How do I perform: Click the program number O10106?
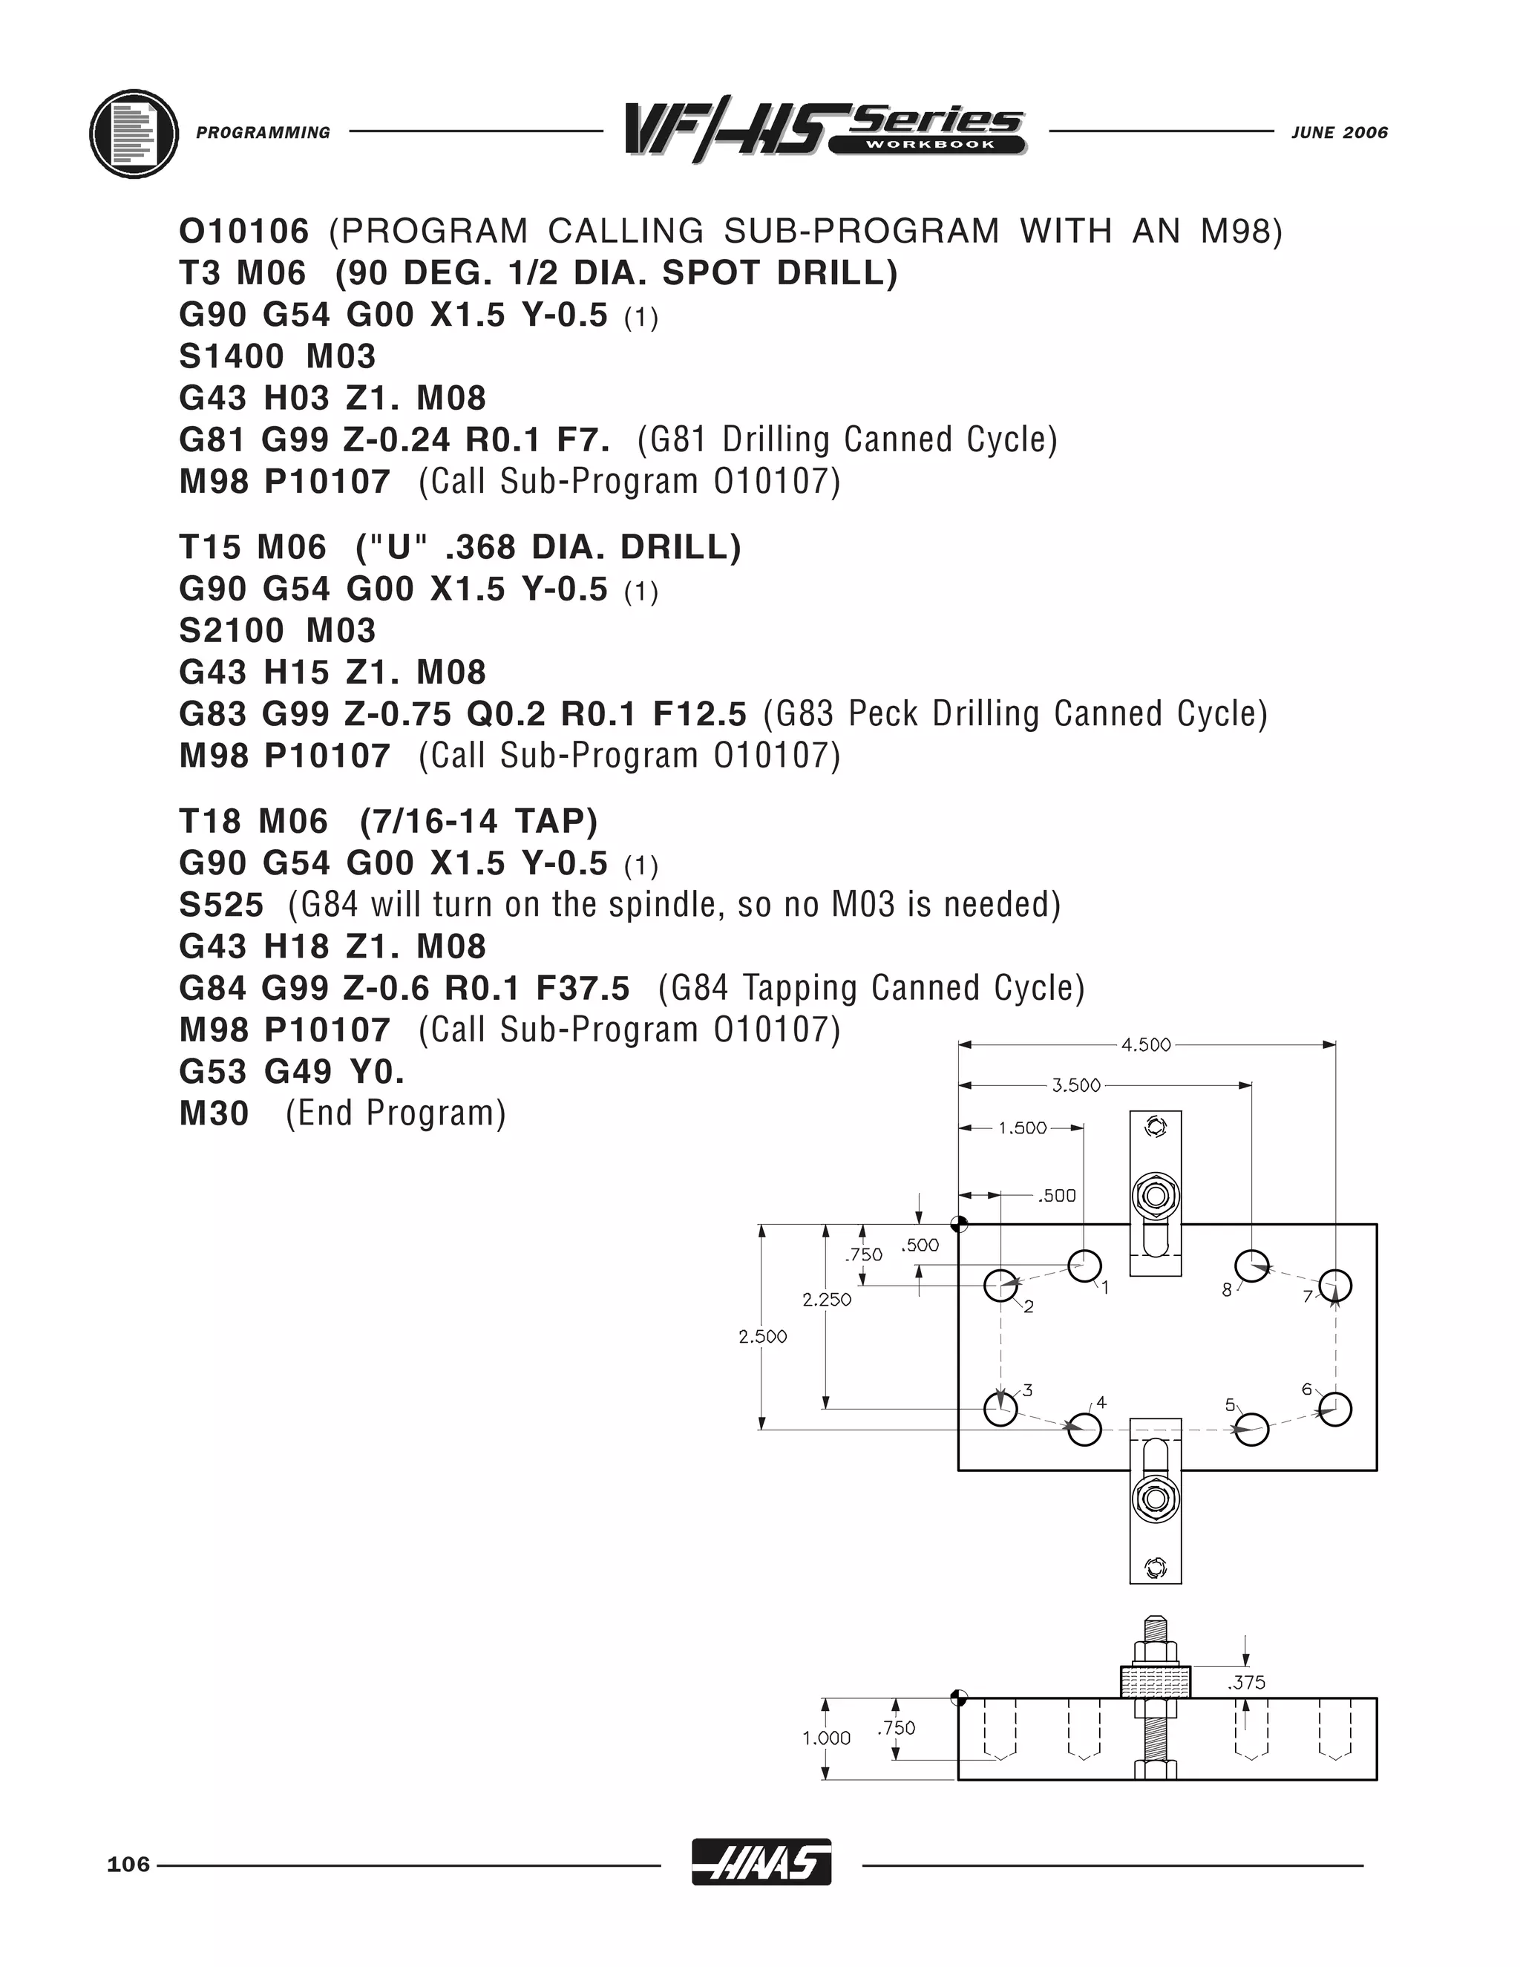244,232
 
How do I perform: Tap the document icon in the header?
134,134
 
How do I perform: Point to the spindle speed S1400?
232,356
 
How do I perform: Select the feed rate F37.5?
583,989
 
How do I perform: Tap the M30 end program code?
214,1114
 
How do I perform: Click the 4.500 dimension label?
1145,1045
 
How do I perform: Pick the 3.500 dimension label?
1076,1085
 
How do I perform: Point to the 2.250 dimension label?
827,1300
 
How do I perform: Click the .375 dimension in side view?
1246,1683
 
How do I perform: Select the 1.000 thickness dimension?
827,1738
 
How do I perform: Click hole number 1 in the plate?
1084,1266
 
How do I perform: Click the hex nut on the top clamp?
1156,1196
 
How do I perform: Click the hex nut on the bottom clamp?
1156,1498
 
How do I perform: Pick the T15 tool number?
208,548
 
